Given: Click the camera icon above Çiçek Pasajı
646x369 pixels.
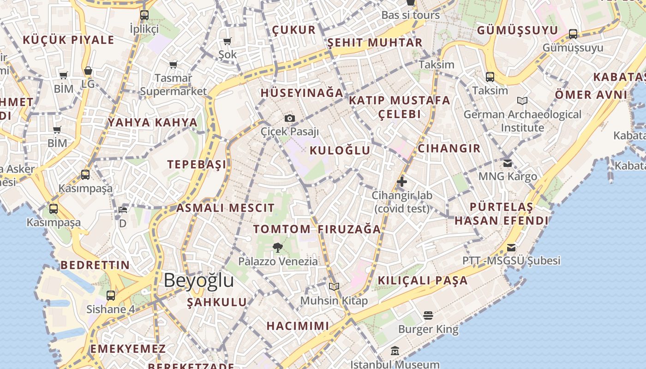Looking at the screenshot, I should pos(289,119).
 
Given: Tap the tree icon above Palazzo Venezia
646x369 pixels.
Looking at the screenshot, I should pos(277,248).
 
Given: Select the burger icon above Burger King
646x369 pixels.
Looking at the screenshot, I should pos(428,315).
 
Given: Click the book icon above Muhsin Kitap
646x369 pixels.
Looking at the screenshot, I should pos(334,286).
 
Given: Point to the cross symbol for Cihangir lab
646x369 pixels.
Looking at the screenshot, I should pos(402,182).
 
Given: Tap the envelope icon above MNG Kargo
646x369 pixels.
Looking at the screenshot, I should pos(508,163).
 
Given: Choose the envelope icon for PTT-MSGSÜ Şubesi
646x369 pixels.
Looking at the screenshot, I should pos(511,248).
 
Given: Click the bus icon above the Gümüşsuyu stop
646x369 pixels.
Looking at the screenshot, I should pos(573,34).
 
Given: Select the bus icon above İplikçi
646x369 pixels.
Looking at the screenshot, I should pos(144,15).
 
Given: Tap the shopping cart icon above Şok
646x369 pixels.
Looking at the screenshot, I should pos(227,42).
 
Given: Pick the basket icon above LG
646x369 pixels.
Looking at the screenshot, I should pos(88,71).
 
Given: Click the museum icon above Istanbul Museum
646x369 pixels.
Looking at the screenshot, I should pos(395,351).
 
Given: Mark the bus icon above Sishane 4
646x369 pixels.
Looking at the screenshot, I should pos(111,295).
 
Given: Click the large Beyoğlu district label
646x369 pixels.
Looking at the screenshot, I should pos(198,280).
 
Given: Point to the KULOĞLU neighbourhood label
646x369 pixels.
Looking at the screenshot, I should pos(340,150).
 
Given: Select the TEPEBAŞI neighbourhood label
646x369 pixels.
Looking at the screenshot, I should pos(197,165).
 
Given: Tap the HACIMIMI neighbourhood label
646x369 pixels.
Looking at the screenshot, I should pos(298,326).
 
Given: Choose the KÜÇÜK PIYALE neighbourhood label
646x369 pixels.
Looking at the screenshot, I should pos(68,40).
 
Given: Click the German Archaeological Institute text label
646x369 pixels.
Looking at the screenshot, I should pos(522,121).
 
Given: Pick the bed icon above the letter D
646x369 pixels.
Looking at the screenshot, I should pos(123,210).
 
